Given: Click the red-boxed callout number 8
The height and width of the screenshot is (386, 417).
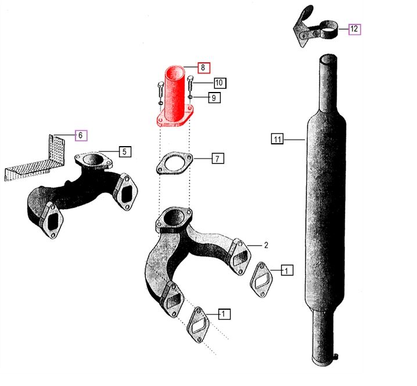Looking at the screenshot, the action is pyautogui.click(x=204, y=68).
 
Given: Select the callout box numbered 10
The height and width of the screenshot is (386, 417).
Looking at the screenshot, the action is pyautogui.click(x=220, y=83).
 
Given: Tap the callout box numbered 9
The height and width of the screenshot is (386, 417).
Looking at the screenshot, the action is pyautogui.click(x=214, y=98).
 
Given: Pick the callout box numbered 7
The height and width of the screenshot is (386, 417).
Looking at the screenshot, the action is pyautogui.click(x=218, y=158).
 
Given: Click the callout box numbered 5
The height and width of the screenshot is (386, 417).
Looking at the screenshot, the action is pyautogui.click(x=125, y=152).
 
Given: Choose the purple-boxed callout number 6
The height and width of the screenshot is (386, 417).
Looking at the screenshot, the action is pyautogui.click(x=81, y=136).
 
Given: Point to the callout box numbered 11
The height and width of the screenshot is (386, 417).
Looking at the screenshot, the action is pyautogui.click(x=277, y=139).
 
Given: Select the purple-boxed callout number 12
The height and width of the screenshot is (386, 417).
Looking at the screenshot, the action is pyautogui.click(x=354, y=29).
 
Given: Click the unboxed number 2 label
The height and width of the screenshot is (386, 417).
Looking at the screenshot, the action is pyautogui.click(x=266, y=245).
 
